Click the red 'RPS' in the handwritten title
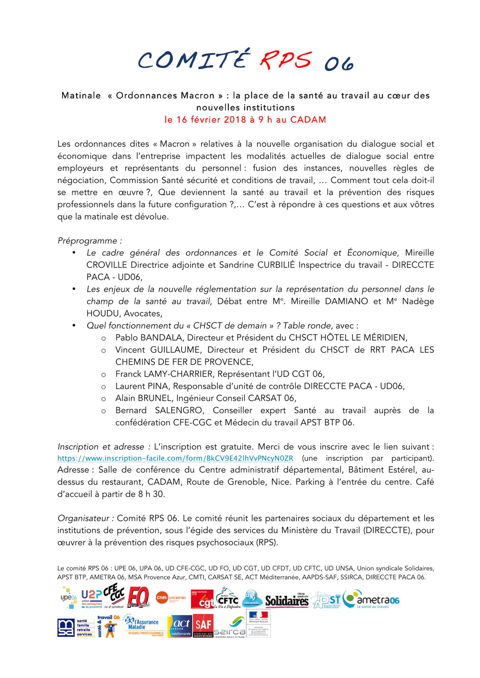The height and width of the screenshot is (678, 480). tap(285, 60)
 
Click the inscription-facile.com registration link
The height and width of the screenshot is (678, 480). tap(175, 458)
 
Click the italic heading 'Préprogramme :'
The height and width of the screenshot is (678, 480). tap(90, 241)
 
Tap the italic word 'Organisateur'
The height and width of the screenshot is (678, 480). tap(83, 518)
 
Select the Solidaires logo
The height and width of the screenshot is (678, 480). tap(287, 600)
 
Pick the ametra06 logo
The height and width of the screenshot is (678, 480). tap(371, 600)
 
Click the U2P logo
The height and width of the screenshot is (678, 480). tap(92, 599)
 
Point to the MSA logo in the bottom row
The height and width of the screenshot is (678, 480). tap(66, 628)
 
